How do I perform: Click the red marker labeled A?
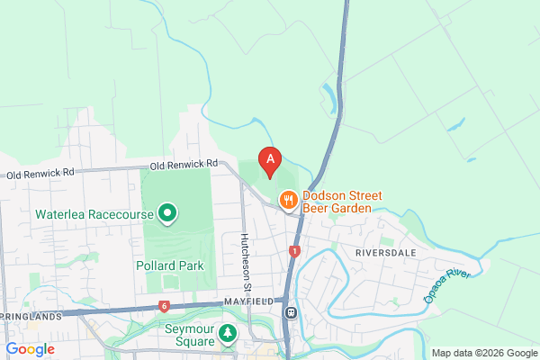[x=269, y=161]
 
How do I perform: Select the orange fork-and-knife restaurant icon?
[x=289, y=200]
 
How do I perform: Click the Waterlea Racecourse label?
[x=94, y=215]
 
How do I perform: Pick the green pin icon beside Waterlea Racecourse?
[x=166, y=214]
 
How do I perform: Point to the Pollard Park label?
[x=170, y=265]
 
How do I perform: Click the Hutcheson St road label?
[x=245, y=261]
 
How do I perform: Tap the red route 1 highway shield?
[x=294, y=251]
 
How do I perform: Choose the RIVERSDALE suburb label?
[x=387, y=253]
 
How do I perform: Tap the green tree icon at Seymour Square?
[x=229, y=334]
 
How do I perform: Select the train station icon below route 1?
[x=291, y=313]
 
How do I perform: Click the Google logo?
[x=30, y=349]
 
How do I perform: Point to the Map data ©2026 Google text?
[x=482, y=353]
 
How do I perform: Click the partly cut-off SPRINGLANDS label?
[x=31, y=317]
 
